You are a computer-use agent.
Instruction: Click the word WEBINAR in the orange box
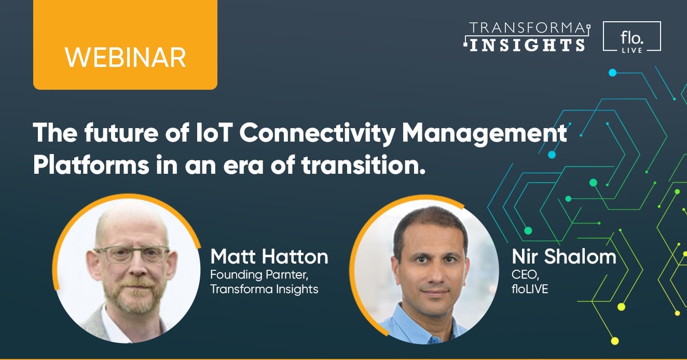point(125,57)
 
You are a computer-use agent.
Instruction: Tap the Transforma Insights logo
point(526,36)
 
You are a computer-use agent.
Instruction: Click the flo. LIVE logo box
point(631,36)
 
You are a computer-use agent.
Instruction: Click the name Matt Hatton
point(269,256)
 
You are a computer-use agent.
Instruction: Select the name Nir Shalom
point(564,256)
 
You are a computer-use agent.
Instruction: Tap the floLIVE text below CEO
point(530,288)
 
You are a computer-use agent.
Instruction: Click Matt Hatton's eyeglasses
point(132,255)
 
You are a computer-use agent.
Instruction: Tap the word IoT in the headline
point(209,134)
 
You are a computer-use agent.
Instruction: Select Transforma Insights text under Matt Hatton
point(264,289)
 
